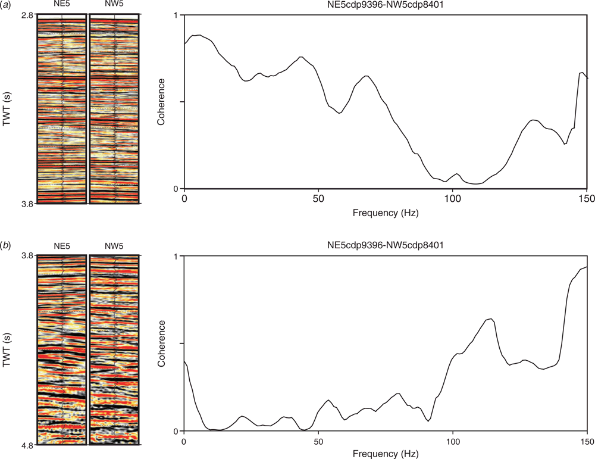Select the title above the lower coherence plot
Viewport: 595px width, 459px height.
(386, 245)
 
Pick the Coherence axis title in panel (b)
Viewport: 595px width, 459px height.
(161, 344)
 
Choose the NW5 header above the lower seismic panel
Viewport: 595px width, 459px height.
(114, 247)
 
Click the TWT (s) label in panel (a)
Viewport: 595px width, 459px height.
(7, 108)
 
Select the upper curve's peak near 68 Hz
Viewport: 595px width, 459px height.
(367, 76)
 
